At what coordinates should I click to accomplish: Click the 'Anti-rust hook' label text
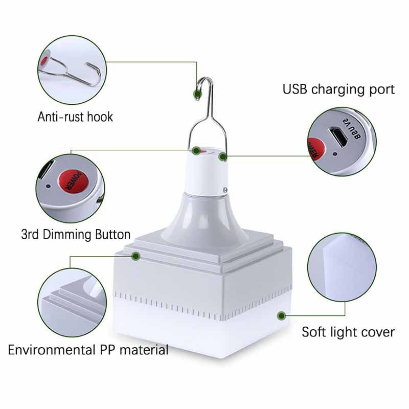tap(75, 117)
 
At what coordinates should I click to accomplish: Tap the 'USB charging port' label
tap(338, 89)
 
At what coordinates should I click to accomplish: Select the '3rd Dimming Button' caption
tap(76, 235)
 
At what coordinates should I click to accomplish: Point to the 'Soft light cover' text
tap(348, 332)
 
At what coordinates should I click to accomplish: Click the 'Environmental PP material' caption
tap(88, 350)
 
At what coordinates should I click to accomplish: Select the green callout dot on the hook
tap(196, 93)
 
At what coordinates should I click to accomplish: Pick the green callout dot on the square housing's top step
tap(135, 255)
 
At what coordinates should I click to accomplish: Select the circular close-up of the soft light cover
tap(342, 267)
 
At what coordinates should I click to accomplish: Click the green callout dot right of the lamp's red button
tap(222, 156)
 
